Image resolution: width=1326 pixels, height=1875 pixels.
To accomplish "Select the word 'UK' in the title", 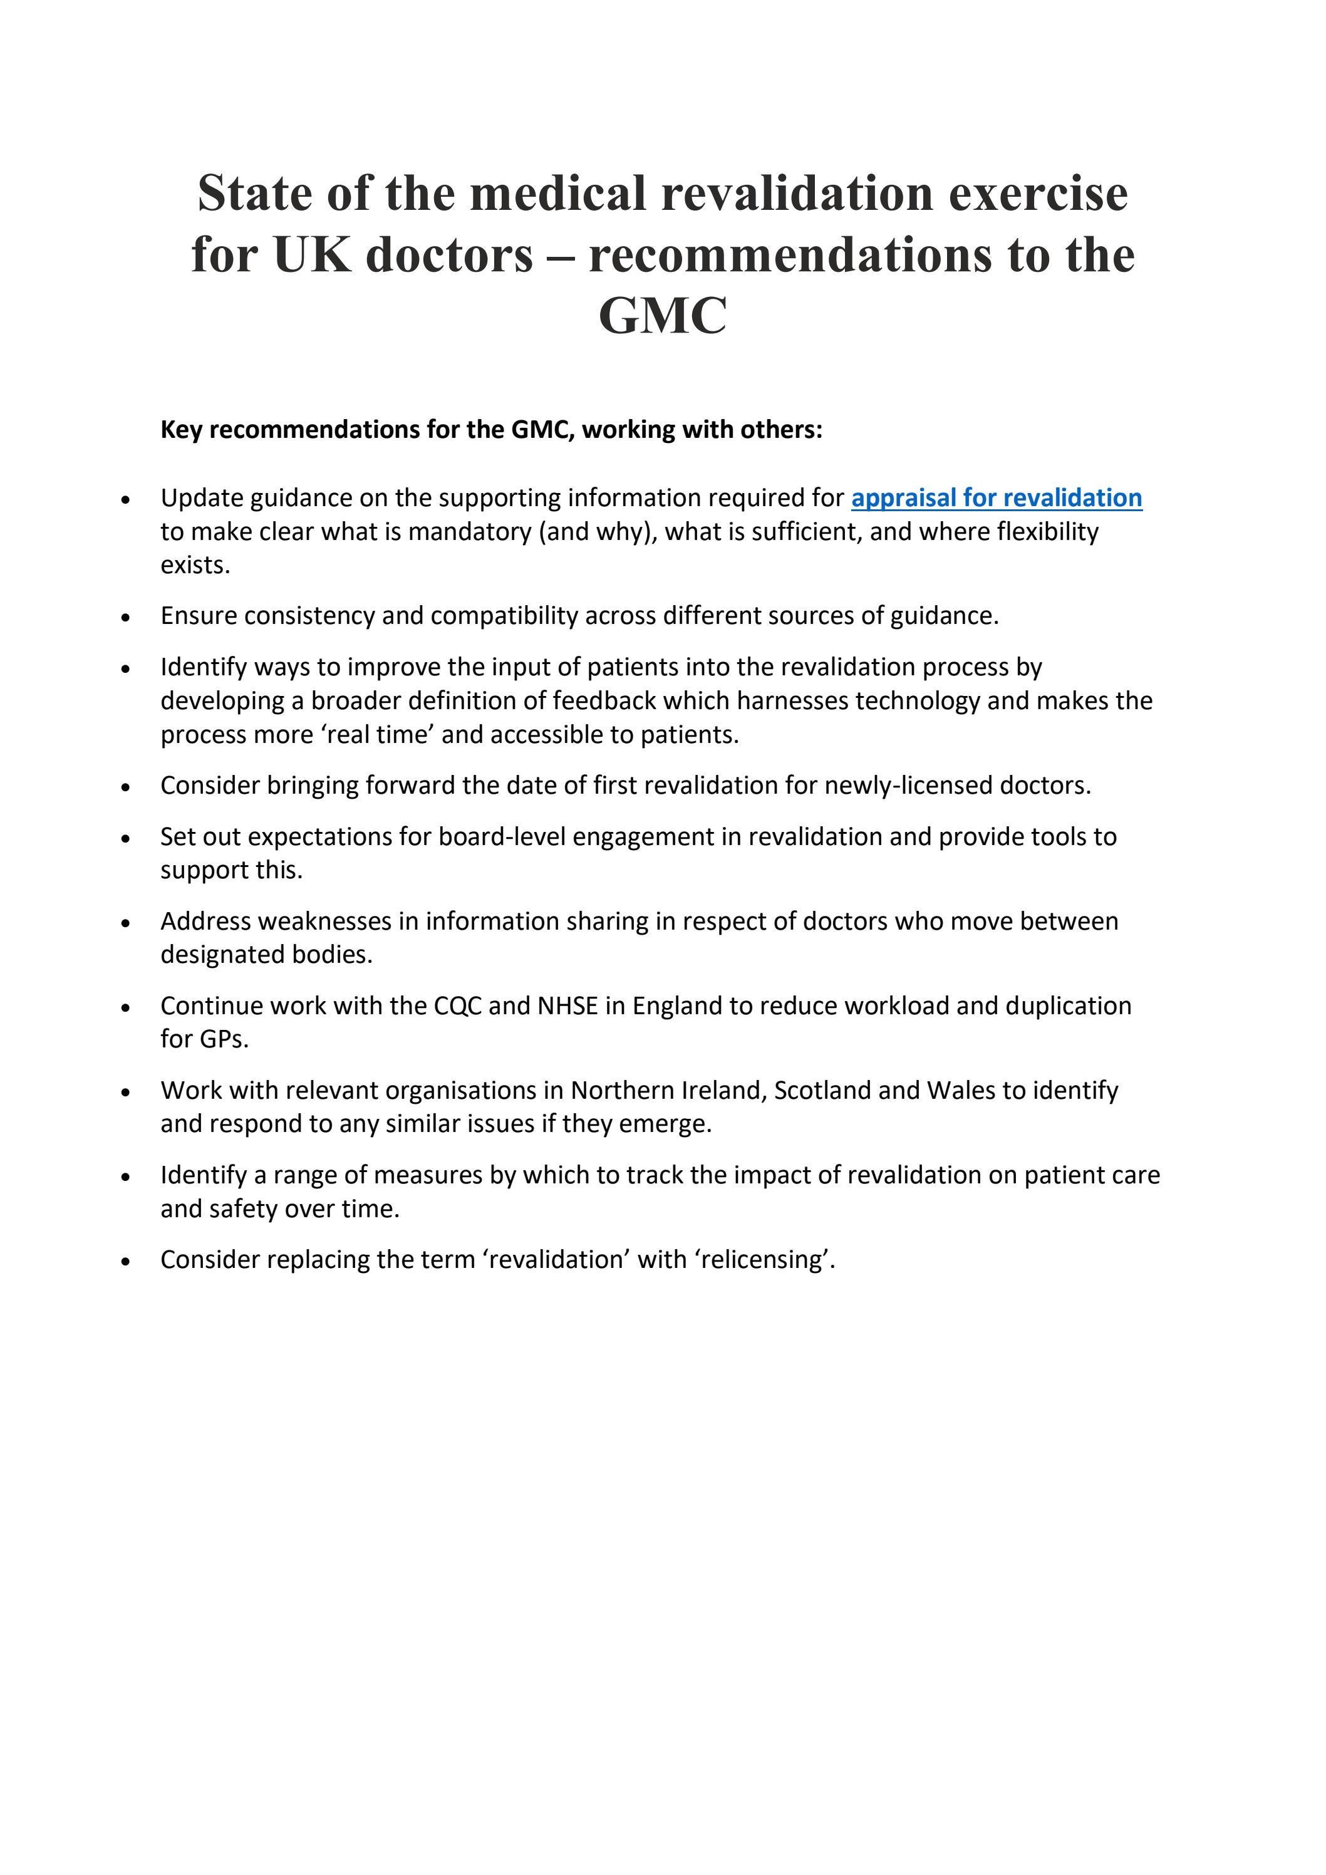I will point(313,255).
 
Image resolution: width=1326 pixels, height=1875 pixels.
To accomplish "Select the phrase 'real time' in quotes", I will point(387,735).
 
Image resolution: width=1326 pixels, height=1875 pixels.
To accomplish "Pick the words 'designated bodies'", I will point(266,955).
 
